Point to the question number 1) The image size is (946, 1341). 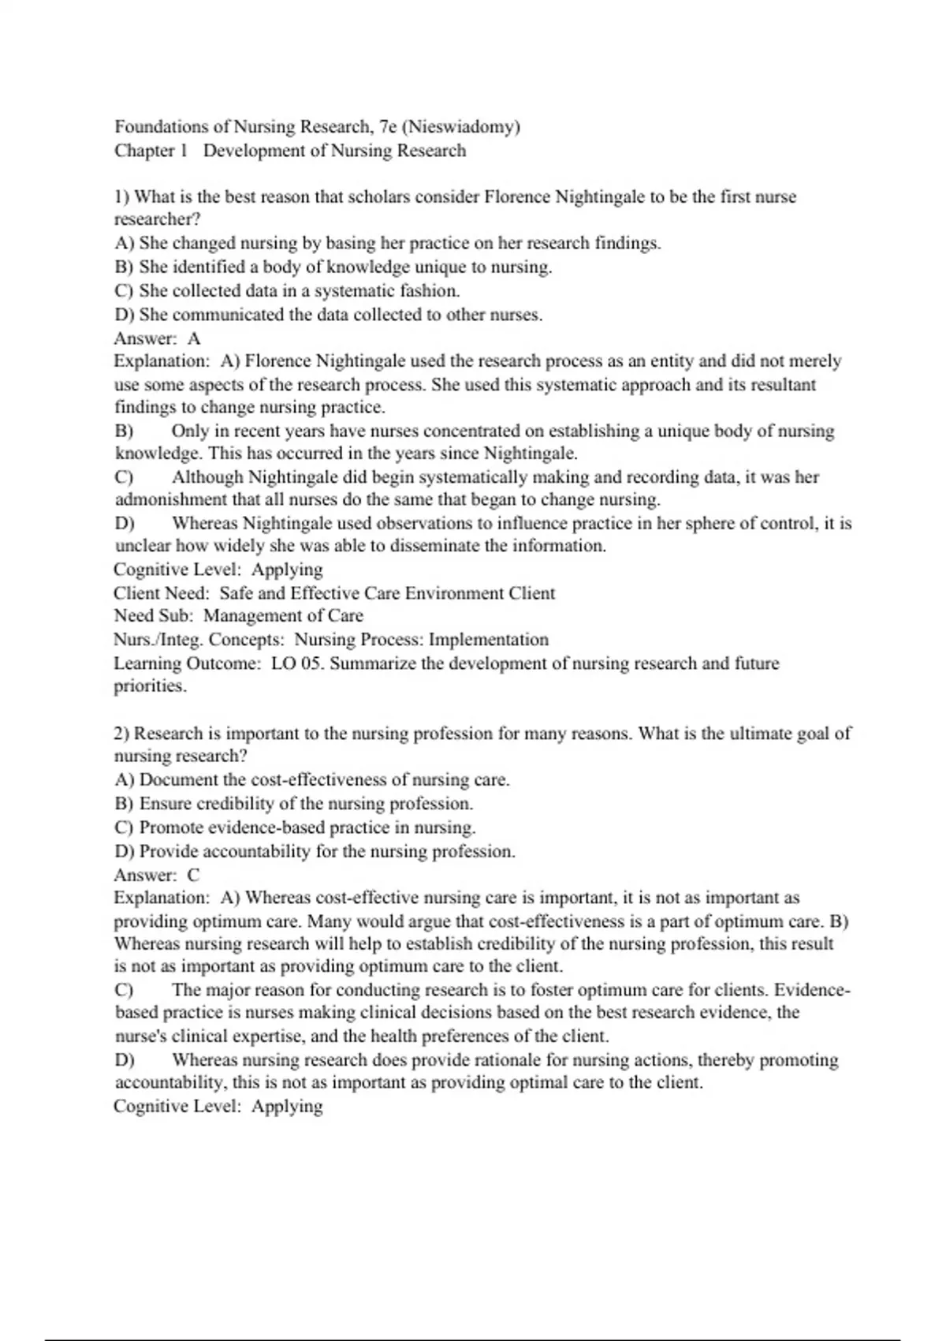coord(122,197)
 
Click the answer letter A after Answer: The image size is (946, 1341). coord(194,338)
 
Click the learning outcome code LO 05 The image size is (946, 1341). coord(297,663)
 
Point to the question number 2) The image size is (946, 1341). coord(122,734)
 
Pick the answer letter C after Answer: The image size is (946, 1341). coord(194,875)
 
